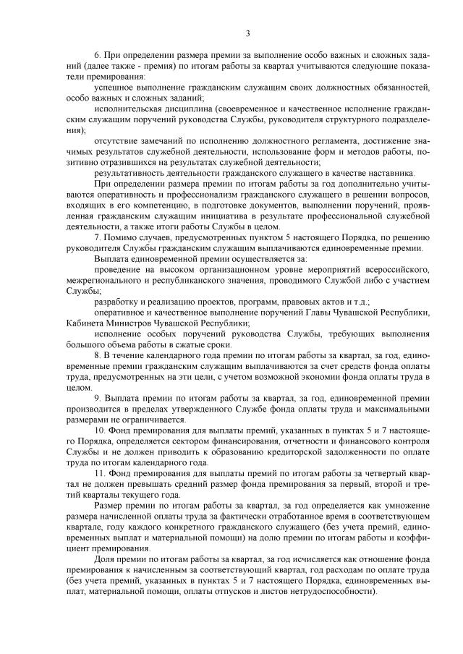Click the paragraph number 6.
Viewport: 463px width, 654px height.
(98, 56)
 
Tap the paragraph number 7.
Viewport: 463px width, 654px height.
(98, 237)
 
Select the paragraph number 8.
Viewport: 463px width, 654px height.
(98, 357)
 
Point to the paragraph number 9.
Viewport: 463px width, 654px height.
(98, 398)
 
